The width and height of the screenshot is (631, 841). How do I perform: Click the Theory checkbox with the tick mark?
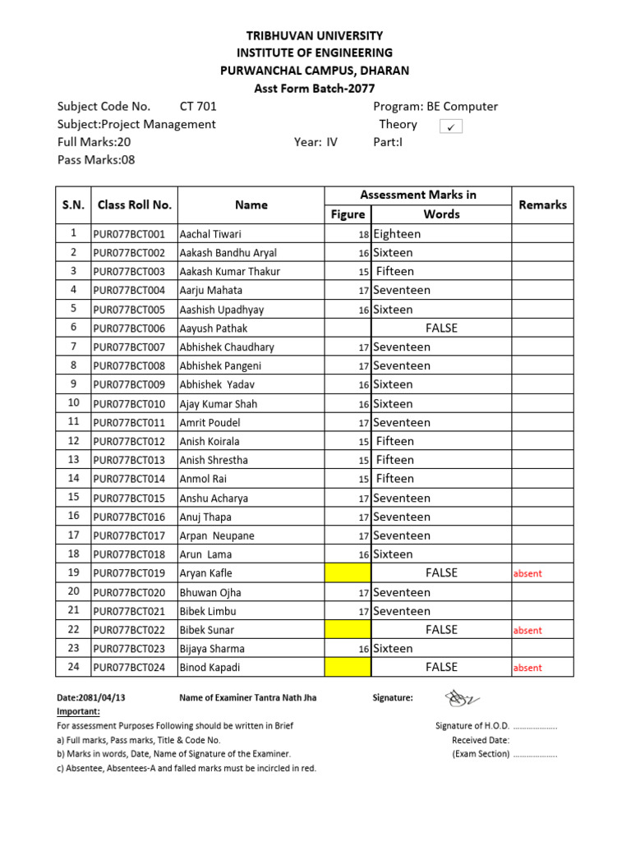[451, 126]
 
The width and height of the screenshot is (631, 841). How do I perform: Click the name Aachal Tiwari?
[210, 234]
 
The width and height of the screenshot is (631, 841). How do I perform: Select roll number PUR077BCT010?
[129, 404]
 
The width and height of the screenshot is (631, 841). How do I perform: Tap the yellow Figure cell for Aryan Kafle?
[348, 573]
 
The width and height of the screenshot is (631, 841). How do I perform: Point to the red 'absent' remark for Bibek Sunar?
[527, 631]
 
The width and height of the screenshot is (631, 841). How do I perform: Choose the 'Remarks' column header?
[542, 205]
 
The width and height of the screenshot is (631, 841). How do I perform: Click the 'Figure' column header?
[348, 214]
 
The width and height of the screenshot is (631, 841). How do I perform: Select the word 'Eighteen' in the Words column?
[397, 234]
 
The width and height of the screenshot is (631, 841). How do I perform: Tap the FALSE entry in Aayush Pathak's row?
[441, 329]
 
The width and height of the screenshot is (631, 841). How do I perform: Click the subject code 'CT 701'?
[198, 106]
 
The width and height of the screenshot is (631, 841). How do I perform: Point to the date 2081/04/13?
[91, 698]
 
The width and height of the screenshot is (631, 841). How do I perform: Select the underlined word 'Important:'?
[78, 711]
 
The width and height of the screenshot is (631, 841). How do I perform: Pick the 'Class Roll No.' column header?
[134, 205]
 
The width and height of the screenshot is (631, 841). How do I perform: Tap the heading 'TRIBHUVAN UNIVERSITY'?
[315, 35]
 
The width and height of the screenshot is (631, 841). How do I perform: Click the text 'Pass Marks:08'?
[96, 159]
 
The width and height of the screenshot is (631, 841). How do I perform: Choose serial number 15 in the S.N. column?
[73, 497]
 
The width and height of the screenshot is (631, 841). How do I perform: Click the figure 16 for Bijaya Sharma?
[362, 650]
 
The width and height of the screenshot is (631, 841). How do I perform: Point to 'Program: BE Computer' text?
[435, 106]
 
